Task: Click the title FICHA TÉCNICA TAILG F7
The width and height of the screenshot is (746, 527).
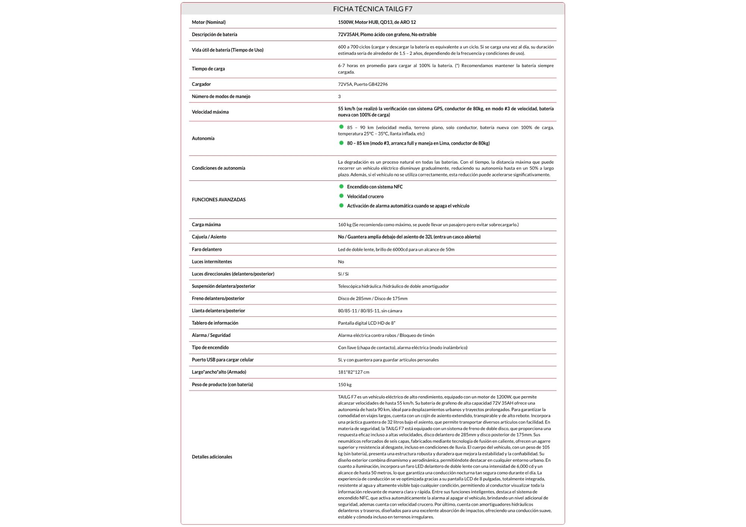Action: pos(373,9)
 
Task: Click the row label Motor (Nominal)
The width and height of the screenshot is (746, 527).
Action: pos(209,22)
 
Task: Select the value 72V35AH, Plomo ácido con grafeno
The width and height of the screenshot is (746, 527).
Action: pos(387,35)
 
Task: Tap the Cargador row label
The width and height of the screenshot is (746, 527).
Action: pos(201,84)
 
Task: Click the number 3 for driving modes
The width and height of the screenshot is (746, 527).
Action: pos(339,97)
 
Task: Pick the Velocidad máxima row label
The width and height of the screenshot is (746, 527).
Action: pos(210,112)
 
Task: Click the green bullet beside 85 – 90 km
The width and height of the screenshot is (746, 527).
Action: pos(341,127)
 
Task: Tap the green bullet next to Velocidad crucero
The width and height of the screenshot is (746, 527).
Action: pos(341,196)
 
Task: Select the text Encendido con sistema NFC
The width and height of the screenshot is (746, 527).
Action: pos(374,187)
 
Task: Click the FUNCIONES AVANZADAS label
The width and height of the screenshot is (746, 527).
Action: pos(219,200)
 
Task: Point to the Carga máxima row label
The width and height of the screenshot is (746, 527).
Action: pos(206,225)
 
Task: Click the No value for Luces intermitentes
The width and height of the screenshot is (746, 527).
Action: pos(341,262)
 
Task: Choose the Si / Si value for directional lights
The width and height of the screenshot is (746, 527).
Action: pos(343,274)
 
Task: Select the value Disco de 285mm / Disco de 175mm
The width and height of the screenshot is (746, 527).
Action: pos(373,299)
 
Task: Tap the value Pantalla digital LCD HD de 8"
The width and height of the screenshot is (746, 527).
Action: pos(366,323)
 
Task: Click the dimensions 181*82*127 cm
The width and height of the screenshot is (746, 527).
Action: pos(354,372)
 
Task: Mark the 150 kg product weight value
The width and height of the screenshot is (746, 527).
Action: pos(345,385)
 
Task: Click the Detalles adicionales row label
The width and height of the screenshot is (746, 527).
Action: pos(212,457)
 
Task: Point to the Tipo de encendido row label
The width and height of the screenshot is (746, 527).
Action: pos(210,347)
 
